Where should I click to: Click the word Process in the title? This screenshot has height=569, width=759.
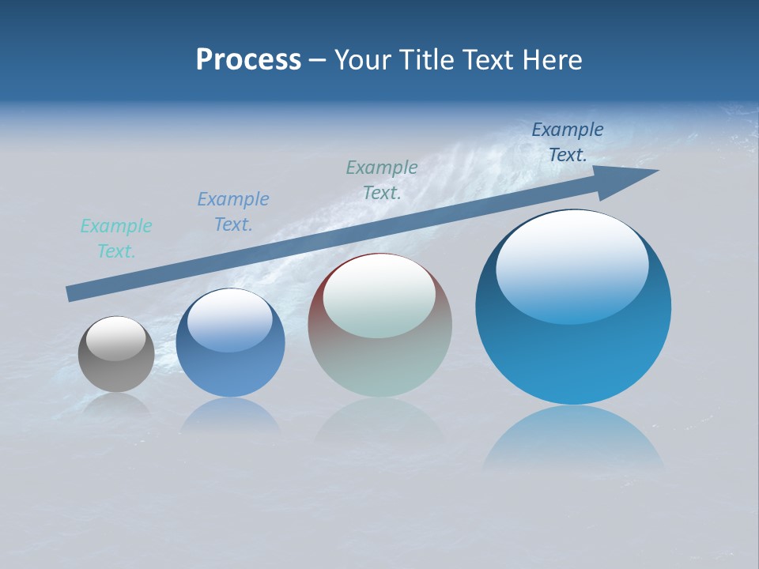click(x=248, y=60)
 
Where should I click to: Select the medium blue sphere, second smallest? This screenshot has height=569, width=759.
click(x=230, y=367)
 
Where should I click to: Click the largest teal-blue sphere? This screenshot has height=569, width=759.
click(x=573, y=356)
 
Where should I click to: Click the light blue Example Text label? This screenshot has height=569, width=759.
click(x=233, y=212)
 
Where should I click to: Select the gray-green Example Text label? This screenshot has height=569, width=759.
click(x=382, y=180)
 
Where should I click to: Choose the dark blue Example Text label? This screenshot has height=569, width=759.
click(x=568, y=142)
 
